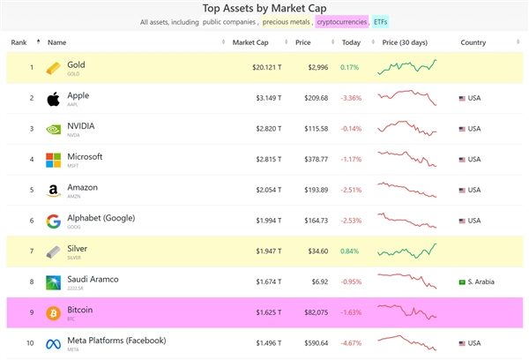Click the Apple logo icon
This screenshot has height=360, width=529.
(x=53, y=98)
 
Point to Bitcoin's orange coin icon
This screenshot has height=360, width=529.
(x=53, y=312)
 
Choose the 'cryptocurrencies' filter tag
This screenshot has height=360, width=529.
(x=341, y=21)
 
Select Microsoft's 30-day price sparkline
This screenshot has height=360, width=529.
(x=406, y=159)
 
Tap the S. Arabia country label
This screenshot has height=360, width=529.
(x=479, y=281)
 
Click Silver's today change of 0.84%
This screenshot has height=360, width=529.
(x=350, y=251)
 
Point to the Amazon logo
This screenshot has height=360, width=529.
(x=53, y=190)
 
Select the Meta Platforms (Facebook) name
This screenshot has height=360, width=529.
(x=116, y=340)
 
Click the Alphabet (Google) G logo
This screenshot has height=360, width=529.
(x=53, y=221)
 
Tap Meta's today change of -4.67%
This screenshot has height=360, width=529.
(x=350, y=342)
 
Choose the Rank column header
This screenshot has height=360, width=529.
(x=19, y=41)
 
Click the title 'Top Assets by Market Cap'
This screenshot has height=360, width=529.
(x=264, y=7)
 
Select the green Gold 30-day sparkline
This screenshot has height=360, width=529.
(x=406, y=66)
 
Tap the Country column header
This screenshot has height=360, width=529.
(x=473, y=41)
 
